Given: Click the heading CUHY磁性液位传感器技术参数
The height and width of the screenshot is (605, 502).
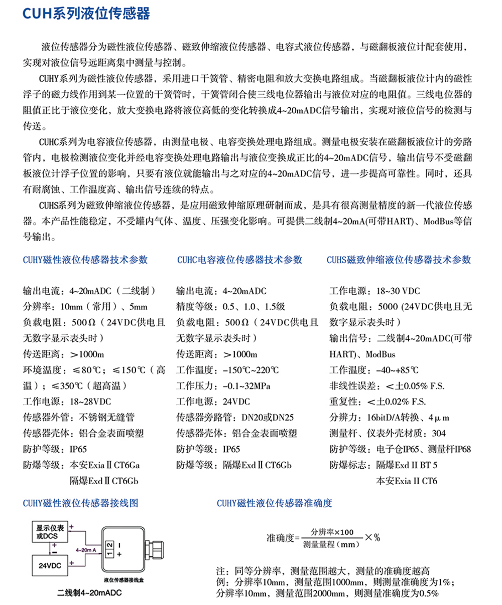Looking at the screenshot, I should (x=86, y=260).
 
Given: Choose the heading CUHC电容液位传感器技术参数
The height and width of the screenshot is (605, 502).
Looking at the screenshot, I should (x=240, y=260).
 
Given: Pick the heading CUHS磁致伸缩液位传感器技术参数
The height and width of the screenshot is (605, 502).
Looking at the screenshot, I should (x=399, y=260).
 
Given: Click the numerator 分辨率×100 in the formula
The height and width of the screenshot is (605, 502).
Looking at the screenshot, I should (x=332, y=532).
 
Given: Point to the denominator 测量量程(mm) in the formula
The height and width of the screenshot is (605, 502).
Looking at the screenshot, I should (x=332, y=544).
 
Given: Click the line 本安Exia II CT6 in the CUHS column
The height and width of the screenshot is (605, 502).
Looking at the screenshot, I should (x=407, y=481).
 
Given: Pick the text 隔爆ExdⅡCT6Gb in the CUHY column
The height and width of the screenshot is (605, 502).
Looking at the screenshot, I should (x=104, y=481).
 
